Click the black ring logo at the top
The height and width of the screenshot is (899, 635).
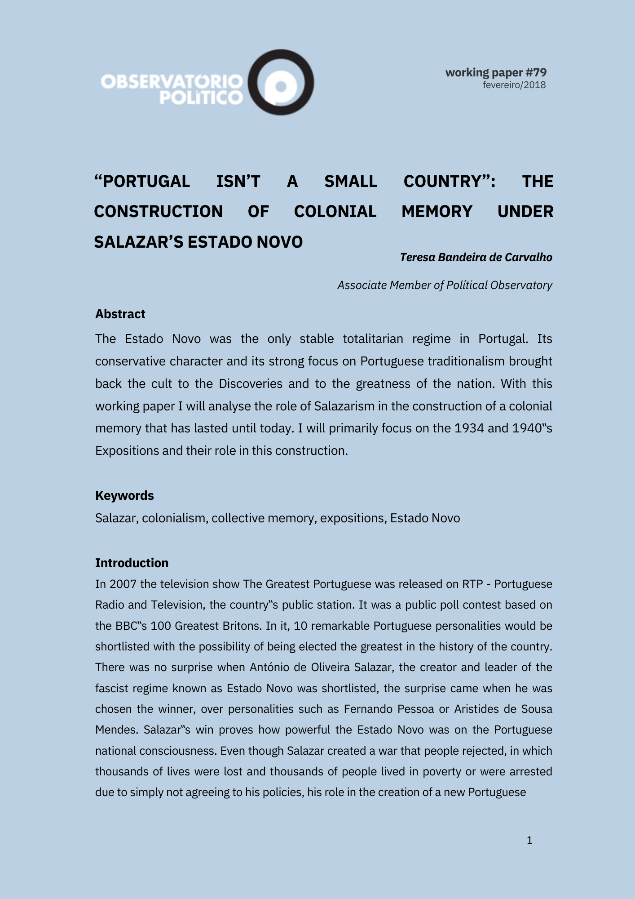tap(281, 82)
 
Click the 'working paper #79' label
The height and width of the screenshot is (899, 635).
tap(496, 72)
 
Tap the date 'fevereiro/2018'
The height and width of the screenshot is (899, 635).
tap(514, 85)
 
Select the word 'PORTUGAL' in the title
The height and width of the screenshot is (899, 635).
tap(142, 181)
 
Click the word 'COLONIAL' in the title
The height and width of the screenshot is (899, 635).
tap(335, 211)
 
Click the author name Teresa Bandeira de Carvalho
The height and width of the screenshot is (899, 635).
tap(476, 257)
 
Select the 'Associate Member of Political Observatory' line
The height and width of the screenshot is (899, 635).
tap(445, 285)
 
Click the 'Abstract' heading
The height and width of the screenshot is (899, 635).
tap(120, 314)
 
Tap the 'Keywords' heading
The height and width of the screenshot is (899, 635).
tap(124, 495)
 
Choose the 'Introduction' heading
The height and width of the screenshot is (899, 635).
tap(132, 563)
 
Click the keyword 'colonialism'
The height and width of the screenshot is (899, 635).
tap(175, 518)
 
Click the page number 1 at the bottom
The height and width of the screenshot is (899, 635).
tap(529, 840)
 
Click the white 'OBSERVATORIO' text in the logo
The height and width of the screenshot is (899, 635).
tap(172, 81)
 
